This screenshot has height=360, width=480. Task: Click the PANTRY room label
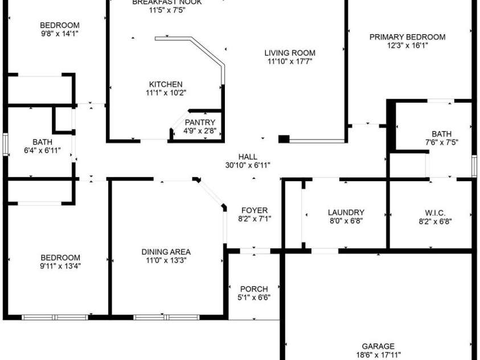tap(200, 122)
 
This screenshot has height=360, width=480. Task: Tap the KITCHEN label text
tap(166, 84)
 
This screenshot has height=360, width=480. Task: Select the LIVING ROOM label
tap(290, 54)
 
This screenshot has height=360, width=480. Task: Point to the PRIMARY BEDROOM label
tap(408, 38)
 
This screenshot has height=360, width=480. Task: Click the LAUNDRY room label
tap(346, 212)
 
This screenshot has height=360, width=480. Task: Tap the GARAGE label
tap(378, 346)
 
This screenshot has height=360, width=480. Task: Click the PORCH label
tap(254, 289)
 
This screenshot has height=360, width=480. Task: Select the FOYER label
tap(255, 210)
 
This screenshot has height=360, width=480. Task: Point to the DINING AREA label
tap(166, 252)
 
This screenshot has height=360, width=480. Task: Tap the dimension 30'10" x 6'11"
tap(248, 165)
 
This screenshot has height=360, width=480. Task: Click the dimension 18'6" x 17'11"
tap(378, 354)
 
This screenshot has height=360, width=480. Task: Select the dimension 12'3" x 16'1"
tap(408, 46)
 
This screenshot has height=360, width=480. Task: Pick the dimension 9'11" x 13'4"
tap(60, 265)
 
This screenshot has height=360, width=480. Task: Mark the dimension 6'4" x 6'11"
tap(43, 150)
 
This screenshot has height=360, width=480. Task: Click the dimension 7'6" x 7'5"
tap(442, 142)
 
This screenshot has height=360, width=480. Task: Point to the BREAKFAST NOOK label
tap(167, 2)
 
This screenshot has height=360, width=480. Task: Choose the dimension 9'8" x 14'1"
tap(60, 34)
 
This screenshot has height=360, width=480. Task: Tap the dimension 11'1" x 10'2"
tap(166, 92)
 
